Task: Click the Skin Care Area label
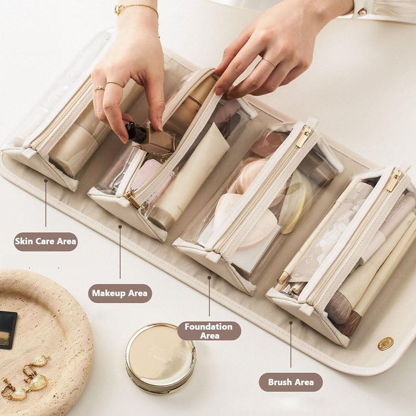tap(46, 242)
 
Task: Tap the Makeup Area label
tap(120, 293)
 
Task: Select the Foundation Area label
tap(209, 331)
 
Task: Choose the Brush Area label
tap(291, 382)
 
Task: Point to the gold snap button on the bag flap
tap(385, 344)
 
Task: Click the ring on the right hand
tap(269, 63)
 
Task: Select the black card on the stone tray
tap(7, 330)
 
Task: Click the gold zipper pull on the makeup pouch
tap(132, 199)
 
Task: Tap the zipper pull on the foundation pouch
tap(303, 137)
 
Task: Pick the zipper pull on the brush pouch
tap(394, 181)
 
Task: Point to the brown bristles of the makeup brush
tap(339, 308)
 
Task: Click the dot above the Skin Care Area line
tap(46, 180)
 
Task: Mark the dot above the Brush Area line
tap(291, 323)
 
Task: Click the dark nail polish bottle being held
tap(136, 132)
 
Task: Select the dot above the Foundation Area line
tap(209, 277)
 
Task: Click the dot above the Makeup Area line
tap(120, 227)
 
